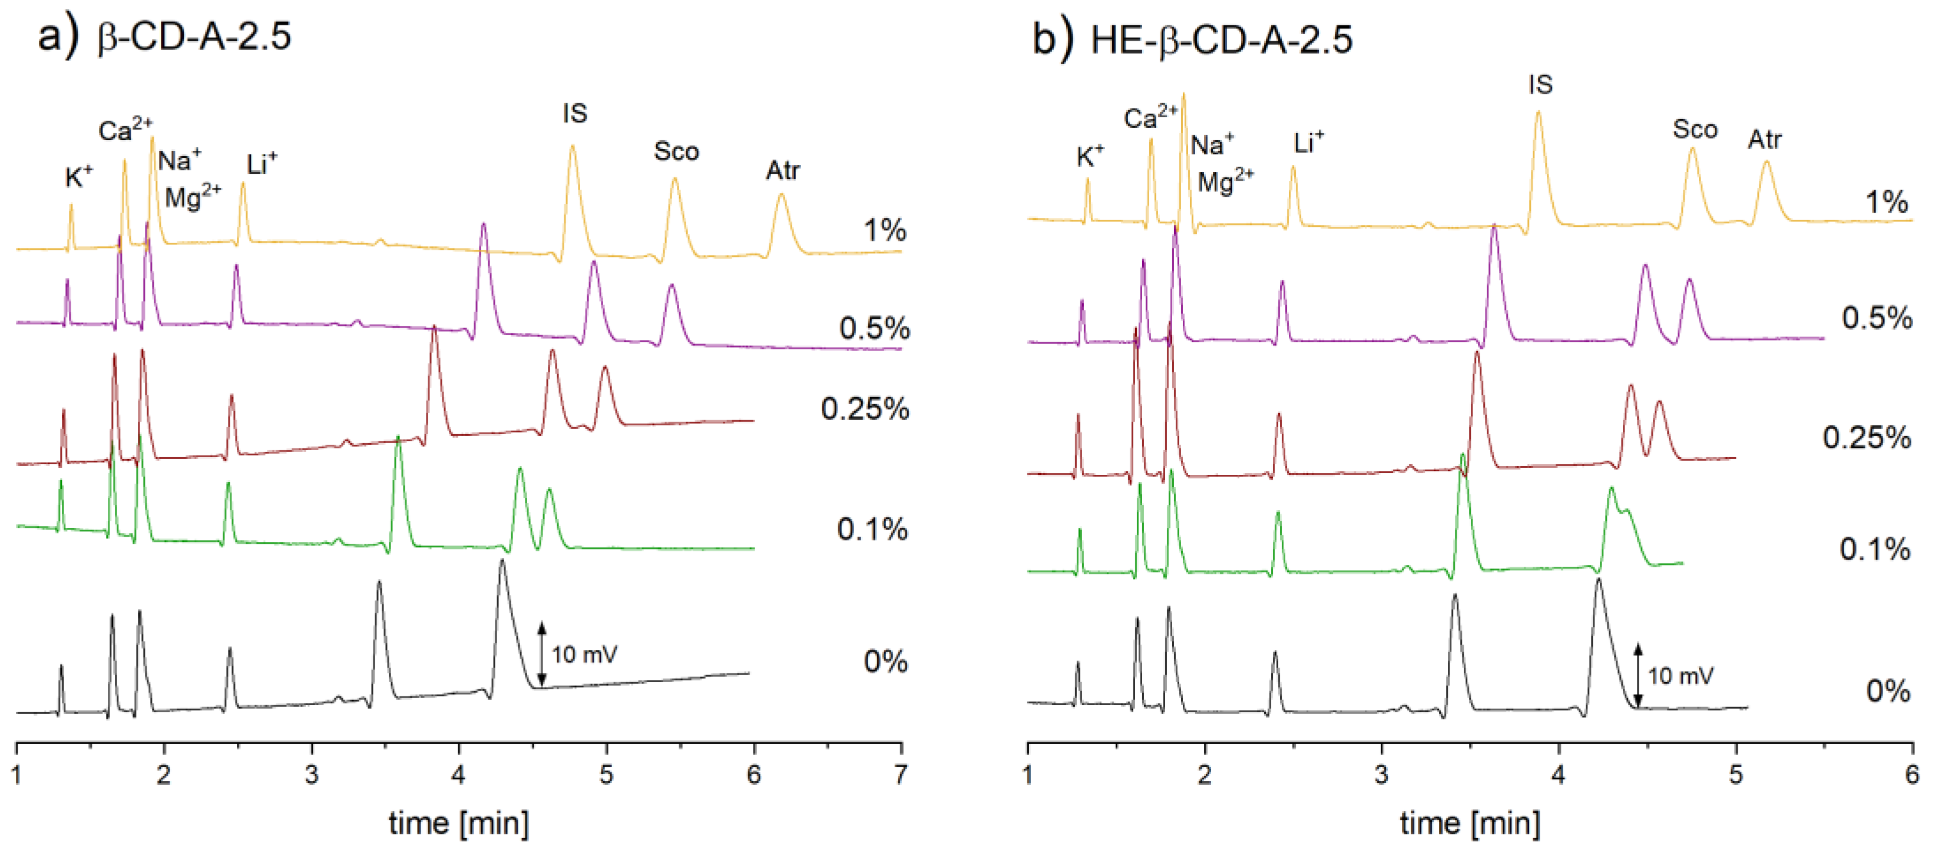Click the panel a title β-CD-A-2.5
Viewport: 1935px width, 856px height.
tap(194, 36)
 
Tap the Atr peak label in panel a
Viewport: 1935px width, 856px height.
tap(782, 171)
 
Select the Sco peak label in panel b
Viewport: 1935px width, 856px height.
tap(1695, 129)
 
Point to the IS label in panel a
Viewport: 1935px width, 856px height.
tap(575, 114)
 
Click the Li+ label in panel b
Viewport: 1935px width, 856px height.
tap(1308, 143)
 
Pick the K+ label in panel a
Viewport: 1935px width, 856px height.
tap(78, 177)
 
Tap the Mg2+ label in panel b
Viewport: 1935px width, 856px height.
tap(1225, 181)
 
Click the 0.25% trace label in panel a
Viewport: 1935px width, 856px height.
tap(865, 409)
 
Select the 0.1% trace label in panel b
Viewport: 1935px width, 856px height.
tap(1874, 550)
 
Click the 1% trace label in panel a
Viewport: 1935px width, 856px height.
tap(885, 230)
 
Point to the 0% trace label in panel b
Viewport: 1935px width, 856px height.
tap(1888, 690)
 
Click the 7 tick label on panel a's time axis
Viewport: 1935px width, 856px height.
tap(901, 775)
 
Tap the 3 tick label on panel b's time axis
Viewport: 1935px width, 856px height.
tap(1381, 775)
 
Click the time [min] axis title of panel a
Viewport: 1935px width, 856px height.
tap(458, 824)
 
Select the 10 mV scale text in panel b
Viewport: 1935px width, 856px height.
tap(1681, 676)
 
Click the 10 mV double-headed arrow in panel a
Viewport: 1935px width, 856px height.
tap(541, 653)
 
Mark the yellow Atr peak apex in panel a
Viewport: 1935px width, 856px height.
tap(781, 196)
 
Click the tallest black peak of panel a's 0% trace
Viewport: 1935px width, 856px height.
tap(502, 561)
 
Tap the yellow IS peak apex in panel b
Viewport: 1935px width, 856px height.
tap(1537, 113)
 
